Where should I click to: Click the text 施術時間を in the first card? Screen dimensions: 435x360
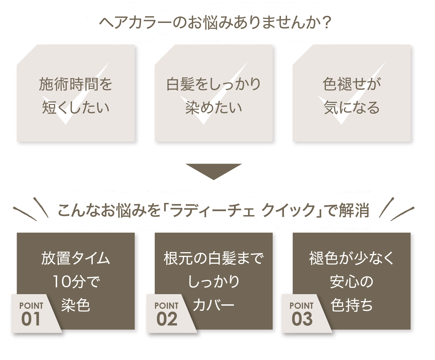tap(76, 84)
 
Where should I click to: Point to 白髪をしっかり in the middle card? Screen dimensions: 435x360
tap(214, 84)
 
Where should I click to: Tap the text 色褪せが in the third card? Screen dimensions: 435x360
tap(352, 84)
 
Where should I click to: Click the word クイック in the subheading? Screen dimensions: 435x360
tap(288, 211)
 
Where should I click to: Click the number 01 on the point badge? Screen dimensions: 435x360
tap(31, 319)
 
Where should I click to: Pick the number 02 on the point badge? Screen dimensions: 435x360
tap(167, 319)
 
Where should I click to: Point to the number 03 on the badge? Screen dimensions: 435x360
tap(302, 319)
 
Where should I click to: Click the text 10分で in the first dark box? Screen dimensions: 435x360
tap(76, 282)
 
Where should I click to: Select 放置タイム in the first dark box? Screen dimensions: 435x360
tap(76, 258)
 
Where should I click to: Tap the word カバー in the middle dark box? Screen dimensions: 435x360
tap(214, 305)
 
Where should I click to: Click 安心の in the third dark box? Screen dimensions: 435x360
tap(352, 282)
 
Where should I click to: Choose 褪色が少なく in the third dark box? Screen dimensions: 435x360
tap(352, 258)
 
